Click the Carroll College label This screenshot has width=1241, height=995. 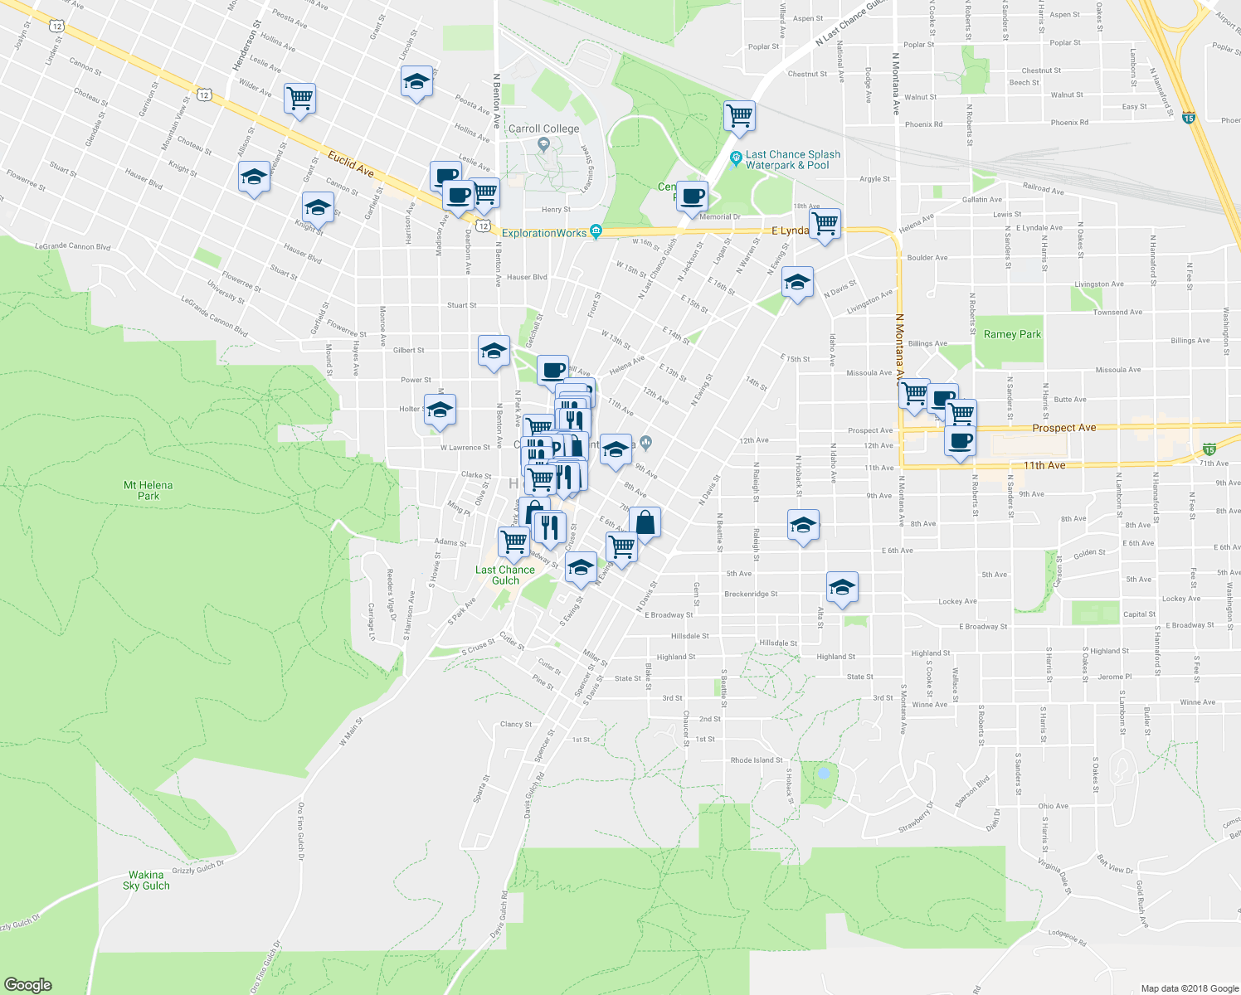tap(543, 129)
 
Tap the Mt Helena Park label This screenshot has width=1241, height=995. tap(148, 491)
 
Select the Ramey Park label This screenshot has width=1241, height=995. tap(1012, 334)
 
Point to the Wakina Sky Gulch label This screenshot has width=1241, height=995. tap(146, 880)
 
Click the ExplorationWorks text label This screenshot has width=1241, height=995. tap(544, 233)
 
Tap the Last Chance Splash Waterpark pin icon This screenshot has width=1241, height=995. tap(735, 158)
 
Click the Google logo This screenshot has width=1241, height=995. tap(27, 984)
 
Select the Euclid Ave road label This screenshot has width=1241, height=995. tap(350, 163)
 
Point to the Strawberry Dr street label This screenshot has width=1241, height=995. tap(916, 818)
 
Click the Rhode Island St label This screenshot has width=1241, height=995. tap(756, 760)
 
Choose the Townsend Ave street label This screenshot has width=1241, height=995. tap(1117, 313)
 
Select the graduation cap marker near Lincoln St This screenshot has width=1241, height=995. tap(416, 81)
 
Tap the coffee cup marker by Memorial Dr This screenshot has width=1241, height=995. tap(692, 197)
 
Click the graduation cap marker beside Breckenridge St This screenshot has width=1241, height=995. tap(842, 587)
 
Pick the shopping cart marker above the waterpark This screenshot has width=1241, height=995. tap(738, 115)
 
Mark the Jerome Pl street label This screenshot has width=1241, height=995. tap(1114, 677)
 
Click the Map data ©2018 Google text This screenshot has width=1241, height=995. tap(1189, 988)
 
